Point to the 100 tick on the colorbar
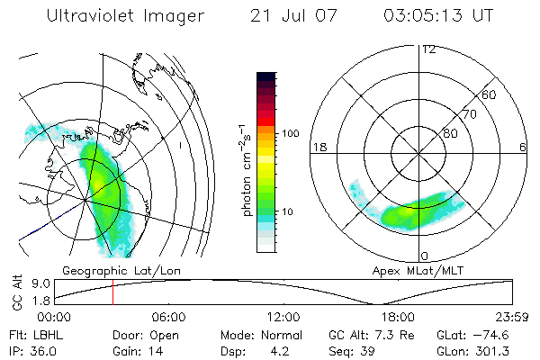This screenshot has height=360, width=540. [x=292, y=133]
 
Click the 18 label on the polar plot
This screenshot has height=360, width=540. [x=319, y=147]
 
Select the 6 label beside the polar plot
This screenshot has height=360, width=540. [x=523, y=147]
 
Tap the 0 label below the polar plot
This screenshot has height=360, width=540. [x=423, y=256]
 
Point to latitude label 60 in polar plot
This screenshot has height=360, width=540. [x=490, y=94]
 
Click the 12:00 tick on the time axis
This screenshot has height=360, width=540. [x=283, y=317]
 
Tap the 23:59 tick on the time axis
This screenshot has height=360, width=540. [x=513, y=317]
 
